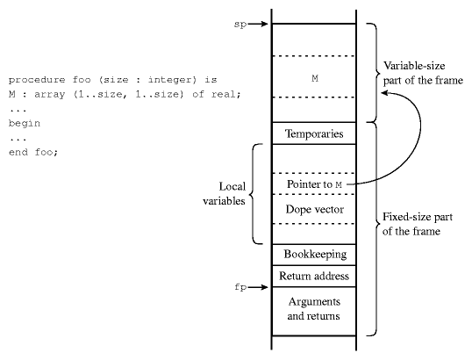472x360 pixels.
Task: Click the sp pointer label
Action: point(240,24)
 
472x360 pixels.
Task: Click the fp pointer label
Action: point(240,287)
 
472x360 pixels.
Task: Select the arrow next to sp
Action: point(258,24)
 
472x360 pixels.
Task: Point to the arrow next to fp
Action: point(258,287)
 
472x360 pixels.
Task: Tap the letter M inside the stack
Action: point(315,78)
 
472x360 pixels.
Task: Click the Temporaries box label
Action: point(314,133)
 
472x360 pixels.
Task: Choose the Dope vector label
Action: point(315,209)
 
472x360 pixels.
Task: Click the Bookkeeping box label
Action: point(315,255)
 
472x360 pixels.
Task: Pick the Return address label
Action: point(314,276)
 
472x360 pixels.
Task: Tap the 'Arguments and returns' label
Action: point(314,309)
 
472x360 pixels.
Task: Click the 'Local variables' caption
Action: point(224,194)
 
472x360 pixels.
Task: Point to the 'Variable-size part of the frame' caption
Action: point(423,73)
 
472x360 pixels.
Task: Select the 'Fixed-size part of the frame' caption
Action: point(418,224)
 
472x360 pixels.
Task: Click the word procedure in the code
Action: point(37,80)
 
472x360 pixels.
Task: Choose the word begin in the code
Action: point(25,124)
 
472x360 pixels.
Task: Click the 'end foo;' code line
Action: point(33,152)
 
